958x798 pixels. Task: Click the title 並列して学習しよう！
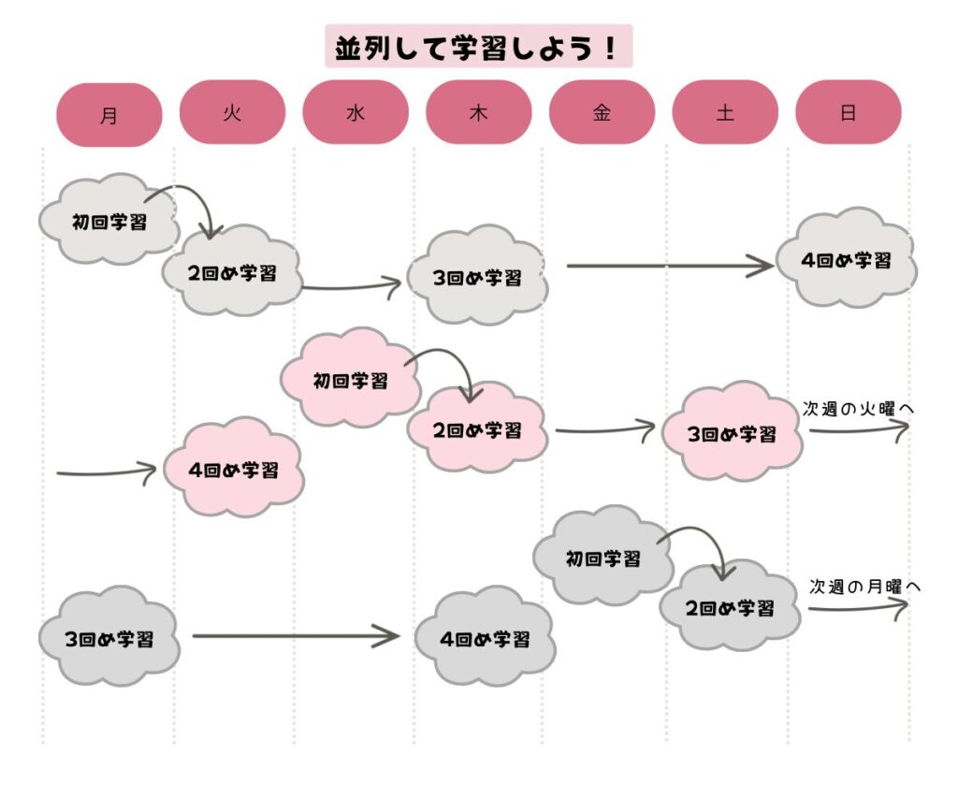478,47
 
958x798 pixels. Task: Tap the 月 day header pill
109,115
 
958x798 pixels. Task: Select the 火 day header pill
232,112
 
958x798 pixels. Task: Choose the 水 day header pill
356,112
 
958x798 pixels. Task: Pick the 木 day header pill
479,112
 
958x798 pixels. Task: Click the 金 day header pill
602,112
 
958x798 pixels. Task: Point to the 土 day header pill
725,112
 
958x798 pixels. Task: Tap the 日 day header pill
848,112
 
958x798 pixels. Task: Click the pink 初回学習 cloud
350,379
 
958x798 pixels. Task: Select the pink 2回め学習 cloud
477,430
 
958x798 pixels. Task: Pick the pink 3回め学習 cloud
732,433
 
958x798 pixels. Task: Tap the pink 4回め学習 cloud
234,470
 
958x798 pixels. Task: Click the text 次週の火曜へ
856,409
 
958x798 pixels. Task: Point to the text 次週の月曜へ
865,587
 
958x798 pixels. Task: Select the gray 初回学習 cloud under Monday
109,222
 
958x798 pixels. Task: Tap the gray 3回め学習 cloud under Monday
109,639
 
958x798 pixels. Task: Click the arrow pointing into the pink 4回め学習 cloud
106,471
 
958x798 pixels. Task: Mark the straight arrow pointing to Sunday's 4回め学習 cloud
669,267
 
